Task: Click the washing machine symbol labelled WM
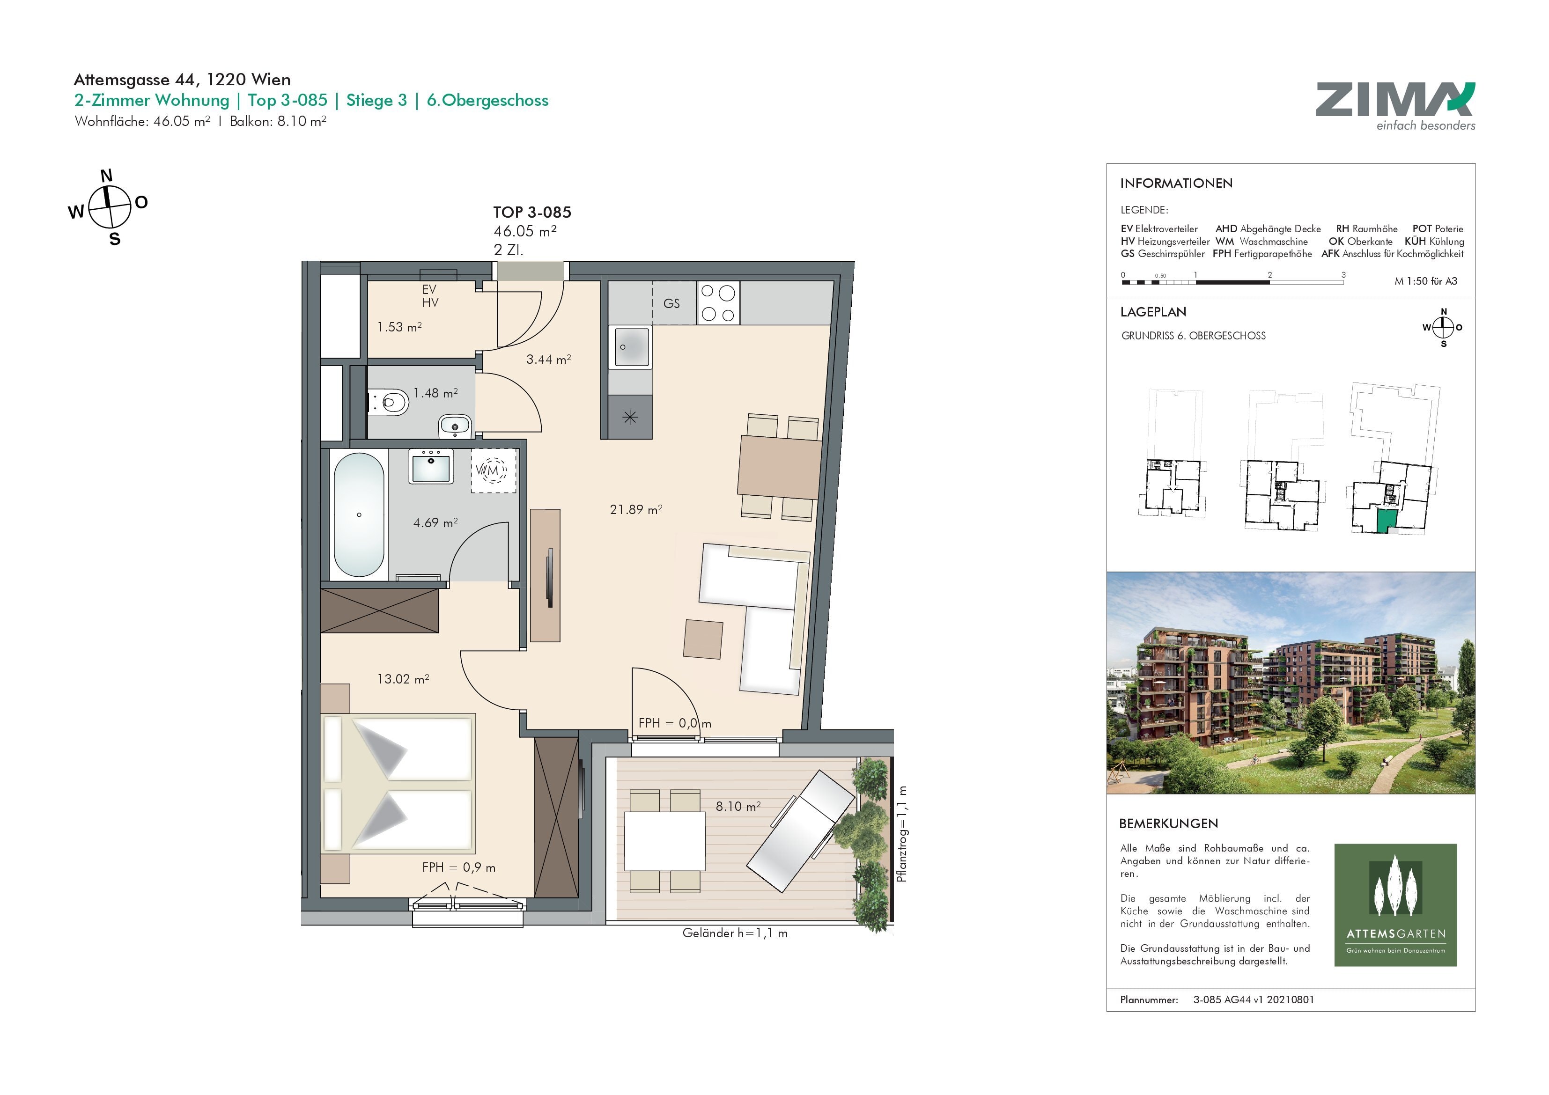493,470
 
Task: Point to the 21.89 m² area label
635,509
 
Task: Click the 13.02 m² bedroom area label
403,679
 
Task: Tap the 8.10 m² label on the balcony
738,806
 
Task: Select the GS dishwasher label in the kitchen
671,304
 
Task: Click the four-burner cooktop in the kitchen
718,303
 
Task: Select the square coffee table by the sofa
703,639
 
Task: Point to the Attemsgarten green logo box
1395,905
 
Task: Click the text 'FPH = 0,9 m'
459,867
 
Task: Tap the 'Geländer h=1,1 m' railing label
735,933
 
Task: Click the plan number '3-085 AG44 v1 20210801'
1254,1000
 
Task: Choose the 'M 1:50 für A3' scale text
1425,281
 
